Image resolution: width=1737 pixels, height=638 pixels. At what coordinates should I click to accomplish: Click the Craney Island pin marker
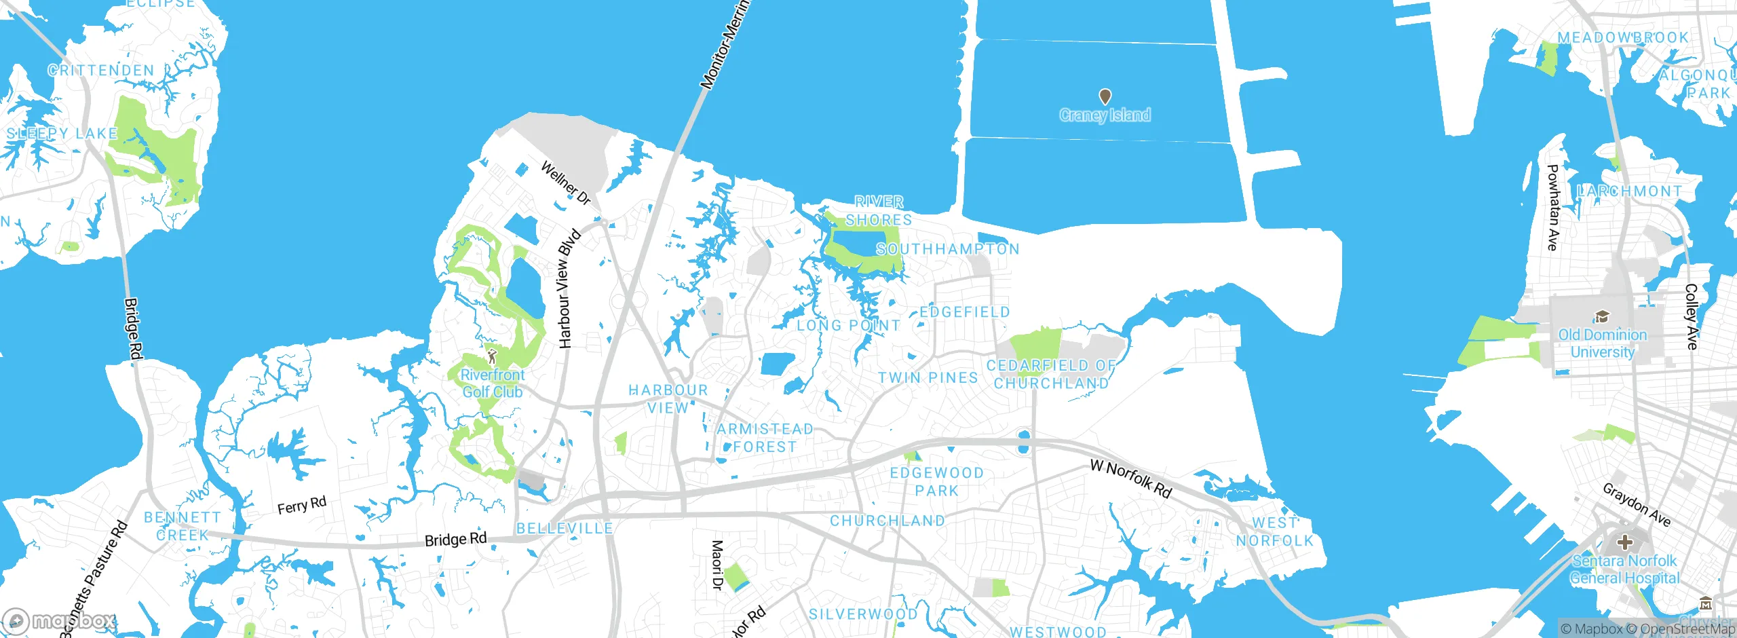coord(1105,97)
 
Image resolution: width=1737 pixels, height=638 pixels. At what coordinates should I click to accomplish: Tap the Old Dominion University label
coord(1602,343)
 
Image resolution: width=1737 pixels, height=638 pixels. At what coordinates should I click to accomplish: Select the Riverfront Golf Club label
coord(493,383)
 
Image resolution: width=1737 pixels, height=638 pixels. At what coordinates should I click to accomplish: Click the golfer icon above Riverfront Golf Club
coord(492,356)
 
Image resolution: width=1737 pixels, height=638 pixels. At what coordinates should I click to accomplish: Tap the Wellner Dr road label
coord(565,183)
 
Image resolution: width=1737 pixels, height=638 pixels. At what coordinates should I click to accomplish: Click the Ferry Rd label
coord(302,505)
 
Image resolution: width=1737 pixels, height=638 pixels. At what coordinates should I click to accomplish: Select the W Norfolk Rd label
coord(1130,478)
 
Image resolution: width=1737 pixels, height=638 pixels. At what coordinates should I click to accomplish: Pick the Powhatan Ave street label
coord(1552,207)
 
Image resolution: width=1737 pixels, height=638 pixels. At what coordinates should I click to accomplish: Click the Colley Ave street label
coord(1692,316)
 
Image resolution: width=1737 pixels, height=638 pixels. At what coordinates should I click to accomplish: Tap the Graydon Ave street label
coord(1637,504)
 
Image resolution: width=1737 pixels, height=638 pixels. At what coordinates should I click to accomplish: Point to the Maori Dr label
coord(717,565)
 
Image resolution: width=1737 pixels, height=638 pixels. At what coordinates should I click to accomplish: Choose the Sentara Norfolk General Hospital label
coord(1624,569)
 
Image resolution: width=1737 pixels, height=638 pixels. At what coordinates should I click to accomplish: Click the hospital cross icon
coord(1625,542)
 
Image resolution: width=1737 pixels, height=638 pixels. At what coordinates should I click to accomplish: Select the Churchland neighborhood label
coord(887,521)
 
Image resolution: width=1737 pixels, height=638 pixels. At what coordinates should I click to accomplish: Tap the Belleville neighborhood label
coord(565,528)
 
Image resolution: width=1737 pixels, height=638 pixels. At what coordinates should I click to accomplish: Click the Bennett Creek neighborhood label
coord(182,526)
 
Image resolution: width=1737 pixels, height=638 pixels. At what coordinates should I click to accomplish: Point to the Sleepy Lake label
coord(62,133)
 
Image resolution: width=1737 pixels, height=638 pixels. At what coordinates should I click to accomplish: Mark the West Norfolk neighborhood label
coord(1275,531)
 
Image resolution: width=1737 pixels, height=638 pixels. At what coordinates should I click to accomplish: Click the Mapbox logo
coord(60,620)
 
